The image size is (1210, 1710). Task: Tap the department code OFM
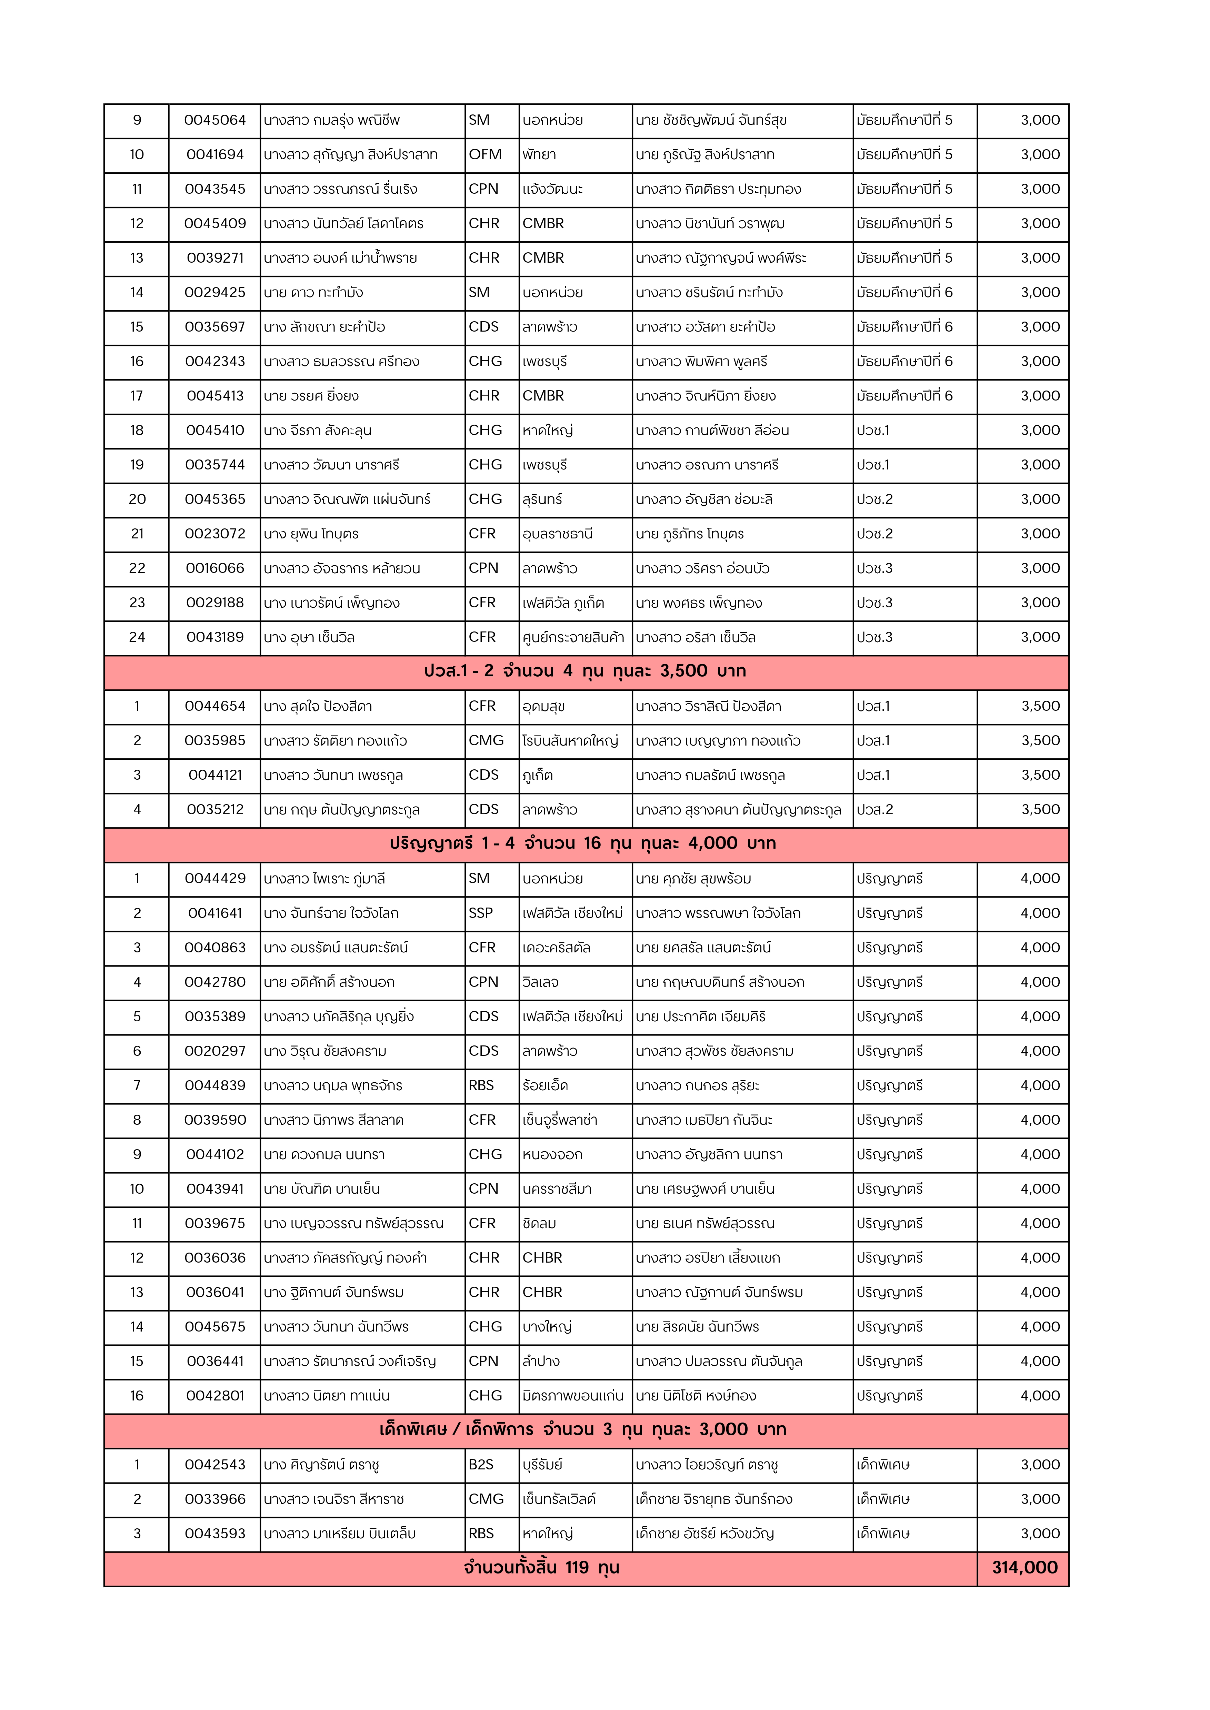pos(485,155)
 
